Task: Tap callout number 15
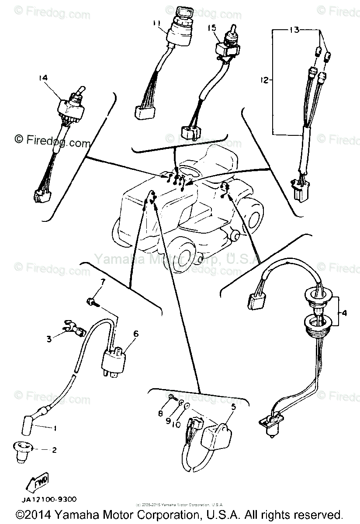point(212,28)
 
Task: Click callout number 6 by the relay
point(136,333)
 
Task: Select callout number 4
point(344,313)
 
